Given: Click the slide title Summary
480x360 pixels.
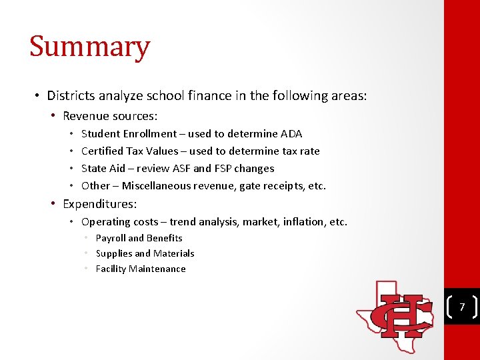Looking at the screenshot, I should [x=89, y=47].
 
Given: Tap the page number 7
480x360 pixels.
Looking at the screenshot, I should [x=461, y=307].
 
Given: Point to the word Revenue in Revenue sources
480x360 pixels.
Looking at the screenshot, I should [x=85, y=116].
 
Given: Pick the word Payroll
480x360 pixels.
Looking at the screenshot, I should [x=111, y=238].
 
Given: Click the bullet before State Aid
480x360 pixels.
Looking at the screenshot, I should [x=72, y=169].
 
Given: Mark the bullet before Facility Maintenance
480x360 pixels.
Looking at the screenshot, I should [x=87, y=269].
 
